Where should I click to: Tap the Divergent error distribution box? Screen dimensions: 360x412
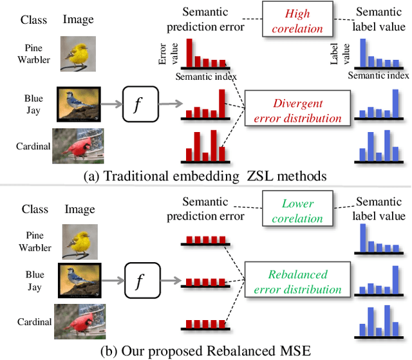(297, 111)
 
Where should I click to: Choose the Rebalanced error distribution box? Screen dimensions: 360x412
(297, 281)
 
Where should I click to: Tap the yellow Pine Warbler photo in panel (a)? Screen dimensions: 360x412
(77, 53)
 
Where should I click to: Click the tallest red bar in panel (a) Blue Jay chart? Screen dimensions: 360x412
(223, 104)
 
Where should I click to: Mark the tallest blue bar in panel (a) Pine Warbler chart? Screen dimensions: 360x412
(363, 54)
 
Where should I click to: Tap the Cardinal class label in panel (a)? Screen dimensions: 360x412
(33, 146)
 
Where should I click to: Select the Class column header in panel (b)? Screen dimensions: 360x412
(34, 209)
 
